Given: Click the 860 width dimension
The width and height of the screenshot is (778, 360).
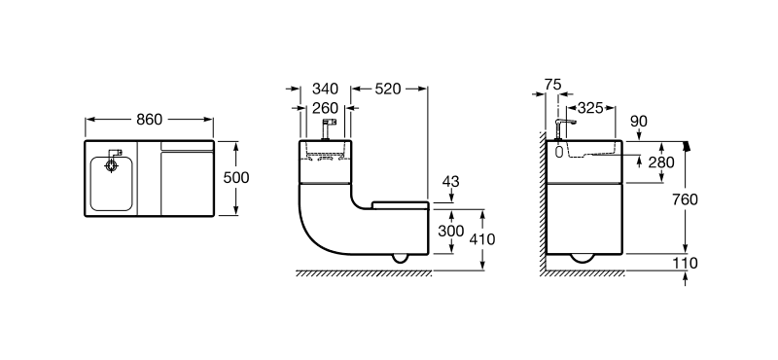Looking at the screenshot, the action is pos(150,120).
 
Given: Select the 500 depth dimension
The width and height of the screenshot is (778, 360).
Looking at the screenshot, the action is pos(236,178).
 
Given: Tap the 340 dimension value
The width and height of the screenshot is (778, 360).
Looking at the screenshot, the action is pos(325,89).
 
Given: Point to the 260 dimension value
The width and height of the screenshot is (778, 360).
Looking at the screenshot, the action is pos(325,108).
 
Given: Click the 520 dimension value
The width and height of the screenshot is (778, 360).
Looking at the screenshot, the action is pos(387,89).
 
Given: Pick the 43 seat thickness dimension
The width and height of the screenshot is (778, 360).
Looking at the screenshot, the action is pos(450,182).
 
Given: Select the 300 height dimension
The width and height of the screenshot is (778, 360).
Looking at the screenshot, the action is pos(451,231).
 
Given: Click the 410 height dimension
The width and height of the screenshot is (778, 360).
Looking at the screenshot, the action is pos(481,239).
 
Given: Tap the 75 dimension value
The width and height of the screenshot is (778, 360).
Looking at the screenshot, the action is pos(552,85).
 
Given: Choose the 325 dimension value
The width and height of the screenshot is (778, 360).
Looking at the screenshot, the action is pos(590,108).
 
